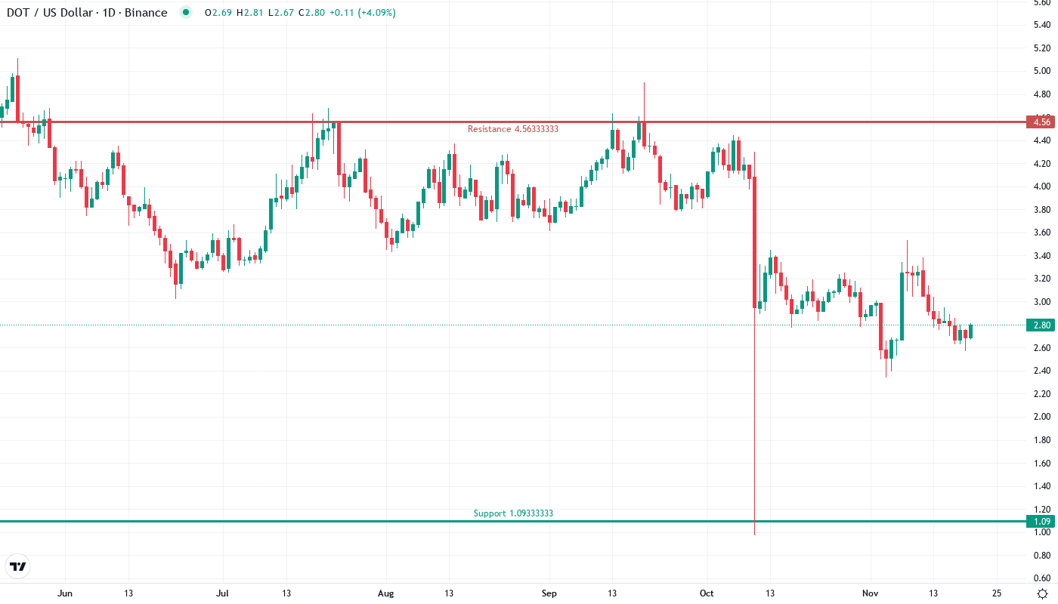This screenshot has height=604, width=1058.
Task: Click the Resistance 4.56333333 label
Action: [512, 129]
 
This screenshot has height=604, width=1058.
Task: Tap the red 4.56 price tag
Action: [1042, 122]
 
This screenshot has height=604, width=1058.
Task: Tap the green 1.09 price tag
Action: [1042, 521]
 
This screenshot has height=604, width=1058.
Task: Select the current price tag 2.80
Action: [1042, 325]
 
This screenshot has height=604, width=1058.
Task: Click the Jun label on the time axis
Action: [65, 593]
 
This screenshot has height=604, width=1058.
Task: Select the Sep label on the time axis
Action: [549, 593]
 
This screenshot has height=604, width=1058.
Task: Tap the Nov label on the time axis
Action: [870, 593]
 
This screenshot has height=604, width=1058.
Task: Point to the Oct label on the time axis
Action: [707, 593]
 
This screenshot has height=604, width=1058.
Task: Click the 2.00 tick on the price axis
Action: [1042, 417]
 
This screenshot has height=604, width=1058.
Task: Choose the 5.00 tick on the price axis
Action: [1042, 71]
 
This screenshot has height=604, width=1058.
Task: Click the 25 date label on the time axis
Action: [997, 593]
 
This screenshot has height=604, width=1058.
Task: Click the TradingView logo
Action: [18, 566]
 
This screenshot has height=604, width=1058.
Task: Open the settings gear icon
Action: [1042, 593]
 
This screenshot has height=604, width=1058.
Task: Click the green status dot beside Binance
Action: [185, 13]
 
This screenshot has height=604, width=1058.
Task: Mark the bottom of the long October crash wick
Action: [755, 535]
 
